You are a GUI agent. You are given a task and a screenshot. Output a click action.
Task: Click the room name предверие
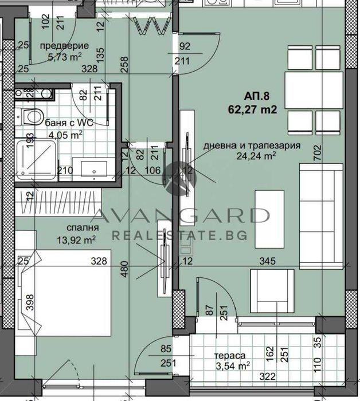tap(64, 46)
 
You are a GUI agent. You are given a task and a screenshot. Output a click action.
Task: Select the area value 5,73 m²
tap(64, 56)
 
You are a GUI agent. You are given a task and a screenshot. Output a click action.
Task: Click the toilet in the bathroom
tap(30, 116)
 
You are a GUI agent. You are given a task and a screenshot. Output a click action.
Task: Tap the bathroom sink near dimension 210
tap(93, 168)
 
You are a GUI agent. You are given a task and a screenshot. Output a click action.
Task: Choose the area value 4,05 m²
tap(64, 134)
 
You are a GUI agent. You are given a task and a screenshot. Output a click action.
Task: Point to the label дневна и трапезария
tap(252, 146)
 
